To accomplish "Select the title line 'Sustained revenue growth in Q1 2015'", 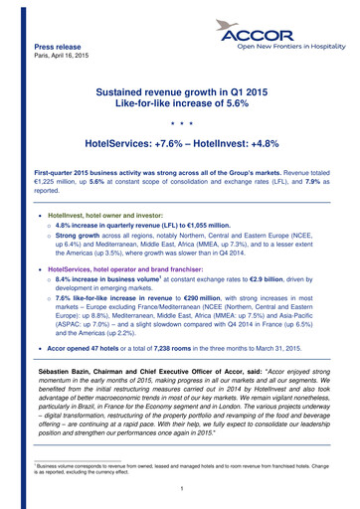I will tap(180, 89).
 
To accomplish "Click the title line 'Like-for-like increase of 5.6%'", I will tap(180, 102).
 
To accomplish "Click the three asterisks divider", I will tap(180, 127).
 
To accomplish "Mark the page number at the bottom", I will tap(180, 486).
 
